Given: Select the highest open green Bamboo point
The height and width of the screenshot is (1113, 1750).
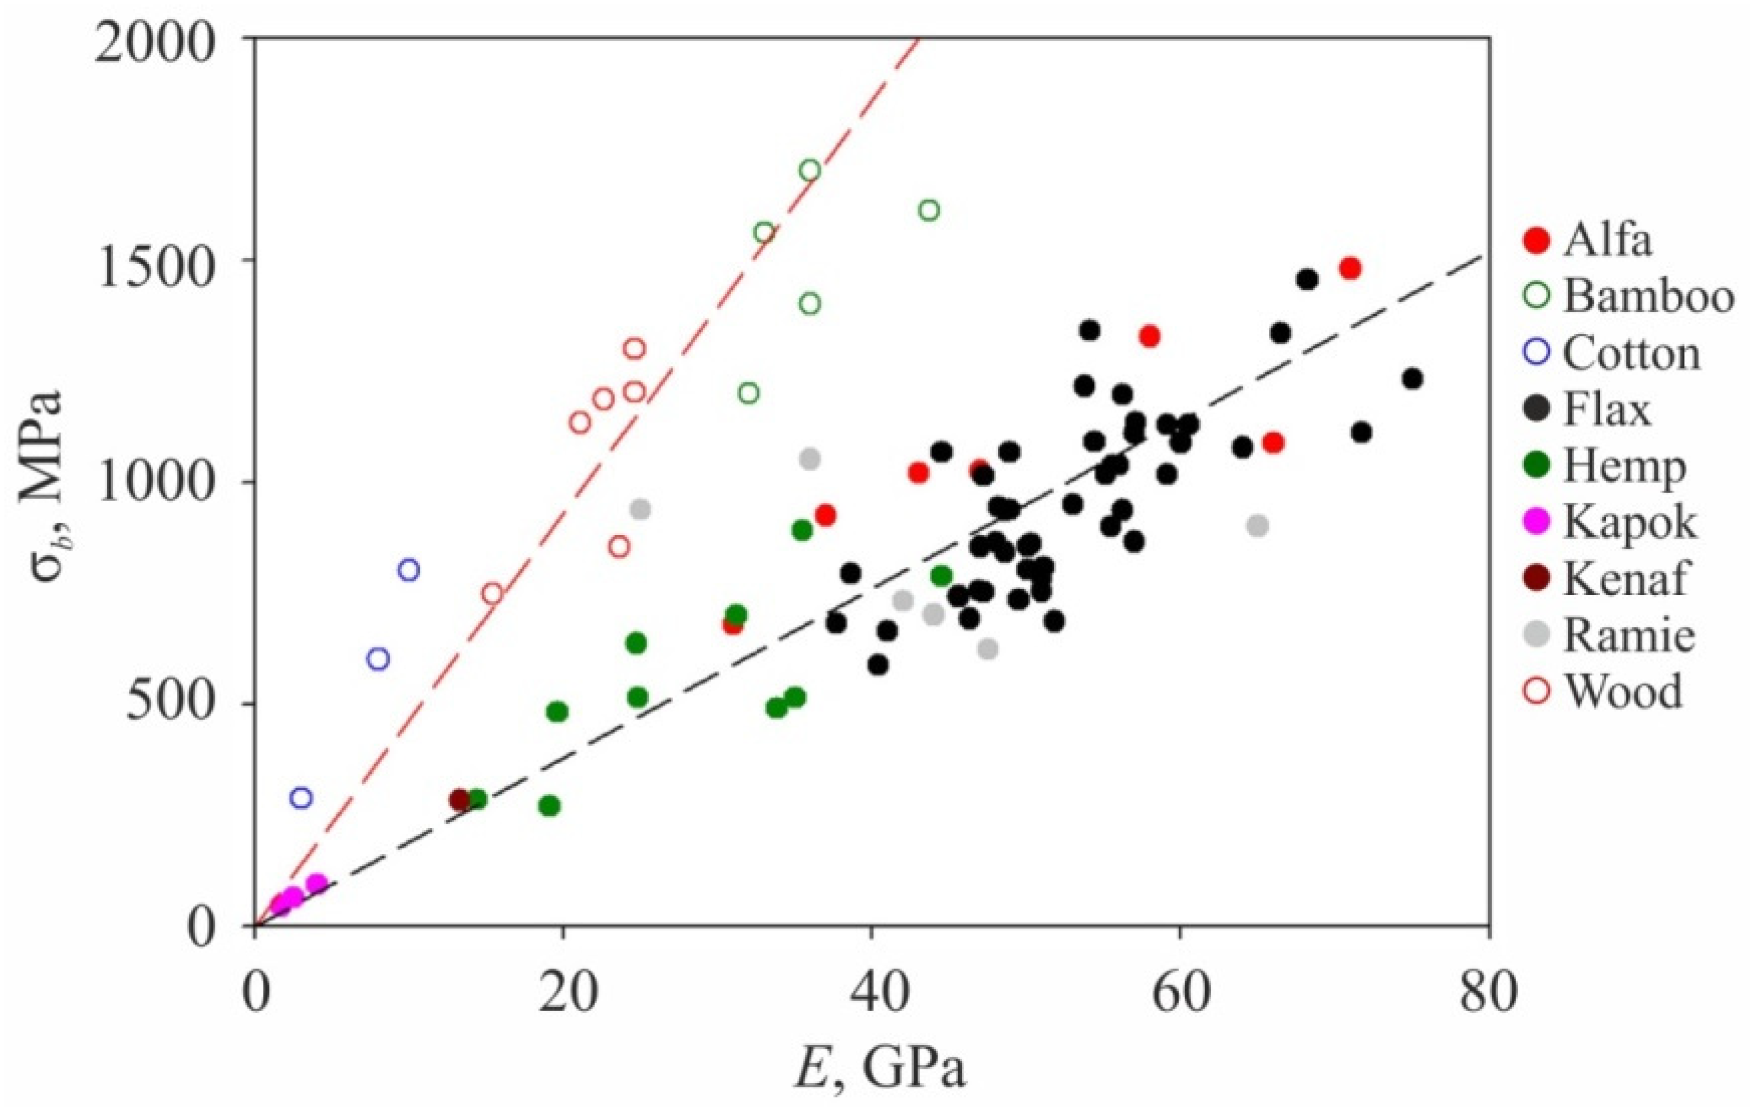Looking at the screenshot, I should click(810, 171).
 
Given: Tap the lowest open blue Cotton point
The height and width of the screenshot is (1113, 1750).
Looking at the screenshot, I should click(301, 798).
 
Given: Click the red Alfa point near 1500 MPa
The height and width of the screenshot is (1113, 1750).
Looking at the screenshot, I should click(1350, 268).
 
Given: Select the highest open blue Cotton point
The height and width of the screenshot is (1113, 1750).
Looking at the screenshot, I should click(409, 570).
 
